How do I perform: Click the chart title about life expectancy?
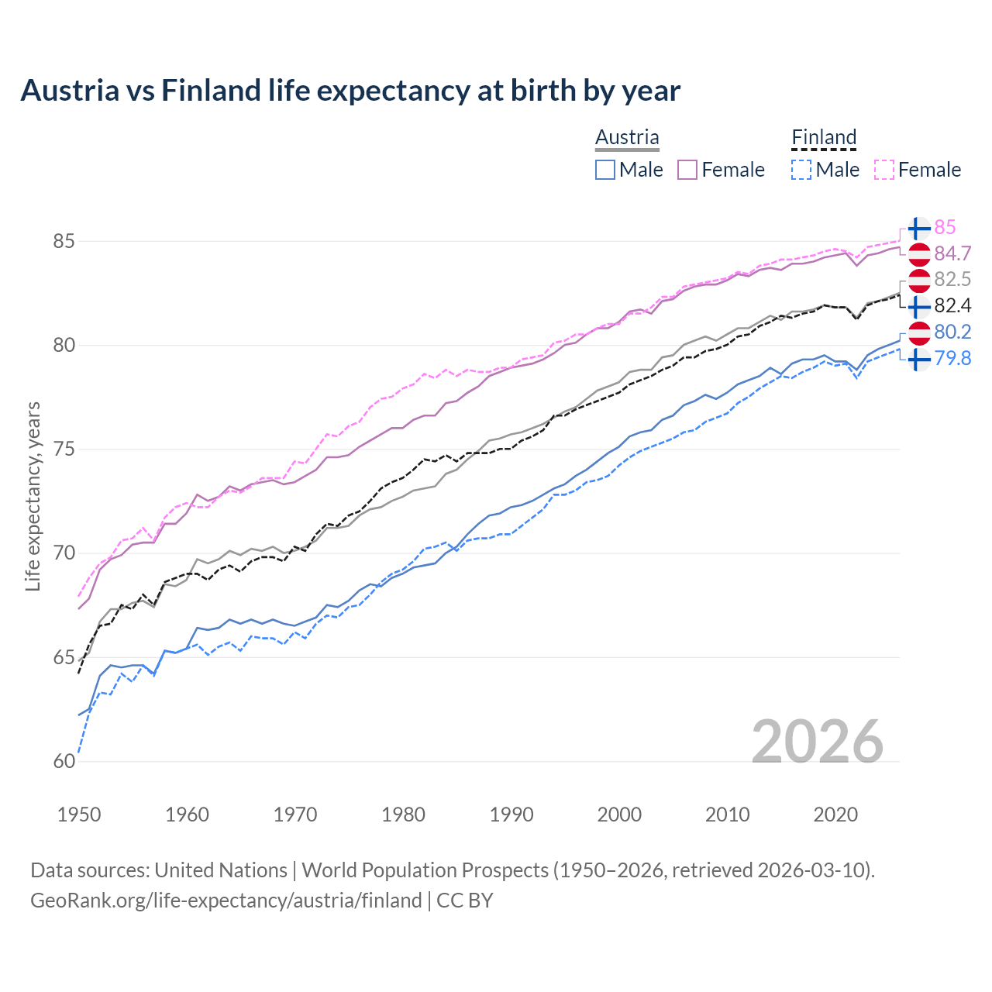(350, 91)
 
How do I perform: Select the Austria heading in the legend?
(627, 137)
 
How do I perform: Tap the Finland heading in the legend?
(824, 137)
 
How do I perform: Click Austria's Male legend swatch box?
(605, 170)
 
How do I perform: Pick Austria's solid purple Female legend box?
(688, 170)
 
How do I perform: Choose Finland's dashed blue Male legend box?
(801, 170)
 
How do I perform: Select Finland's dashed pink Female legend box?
(884, 170)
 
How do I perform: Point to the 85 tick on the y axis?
(64, 241)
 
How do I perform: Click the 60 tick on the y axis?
(64, 761)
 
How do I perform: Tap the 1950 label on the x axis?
(79, 815)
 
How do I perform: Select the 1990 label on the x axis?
(511, 815)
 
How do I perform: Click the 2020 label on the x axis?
(835, 815)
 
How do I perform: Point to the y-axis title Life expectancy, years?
(33, 496)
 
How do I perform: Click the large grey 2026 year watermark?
(818, 742)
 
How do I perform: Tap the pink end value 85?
(945, 227)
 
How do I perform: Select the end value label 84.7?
(952, 253)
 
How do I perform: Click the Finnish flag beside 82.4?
(918, 306)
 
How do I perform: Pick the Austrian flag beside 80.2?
(918, 332)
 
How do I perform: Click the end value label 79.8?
(952, 358)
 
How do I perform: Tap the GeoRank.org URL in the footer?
(226, 901)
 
